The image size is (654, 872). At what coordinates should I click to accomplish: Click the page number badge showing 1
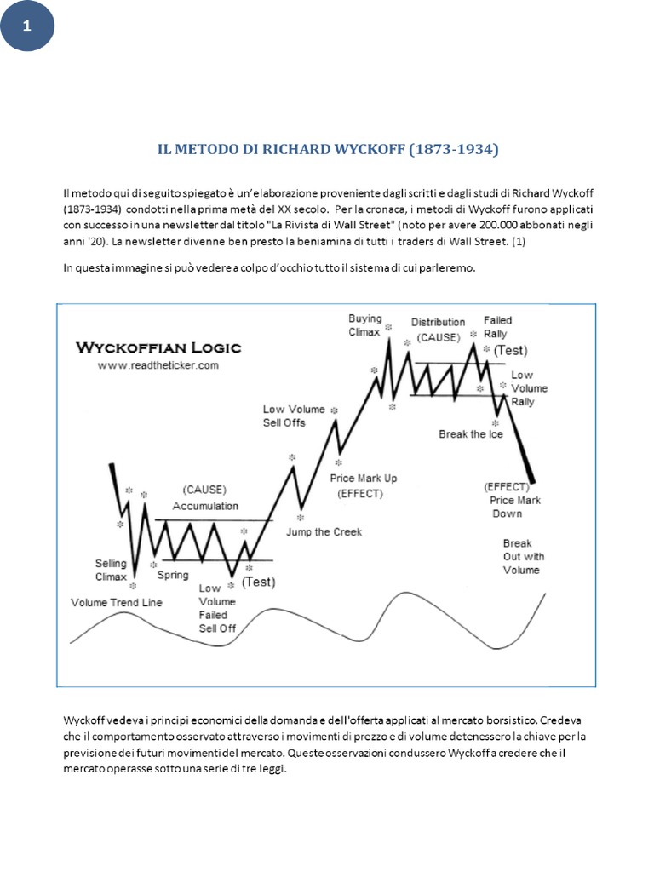pos(26,26)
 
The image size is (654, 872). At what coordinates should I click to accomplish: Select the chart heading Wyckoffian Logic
pos(158,347)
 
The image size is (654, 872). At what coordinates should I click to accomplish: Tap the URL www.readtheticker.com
pos(158,364)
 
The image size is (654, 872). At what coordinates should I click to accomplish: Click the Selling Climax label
pos(111,570)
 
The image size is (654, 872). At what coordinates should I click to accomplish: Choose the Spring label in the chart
pos(173,576)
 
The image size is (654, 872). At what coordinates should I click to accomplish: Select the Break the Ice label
pos(470,434)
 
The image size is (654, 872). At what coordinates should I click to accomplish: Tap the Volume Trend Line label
pos(116,602)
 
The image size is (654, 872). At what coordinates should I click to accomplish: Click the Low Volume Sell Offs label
pos(295,416)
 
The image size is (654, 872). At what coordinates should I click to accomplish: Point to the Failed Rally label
pos(497,327)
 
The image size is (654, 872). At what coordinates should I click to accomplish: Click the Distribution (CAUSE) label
pos(438,330)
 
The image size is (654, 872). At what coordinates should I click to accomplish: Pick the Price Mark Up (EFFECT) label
pos(363,485)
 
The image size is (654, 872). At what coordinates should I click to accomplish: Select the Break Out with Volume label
pos(521,556)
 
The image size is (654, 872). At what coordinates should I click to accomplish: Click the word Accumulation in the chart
pos(205,506)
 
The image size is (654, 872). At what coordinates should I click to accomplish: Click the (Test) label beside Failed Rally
pos(510,350)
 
